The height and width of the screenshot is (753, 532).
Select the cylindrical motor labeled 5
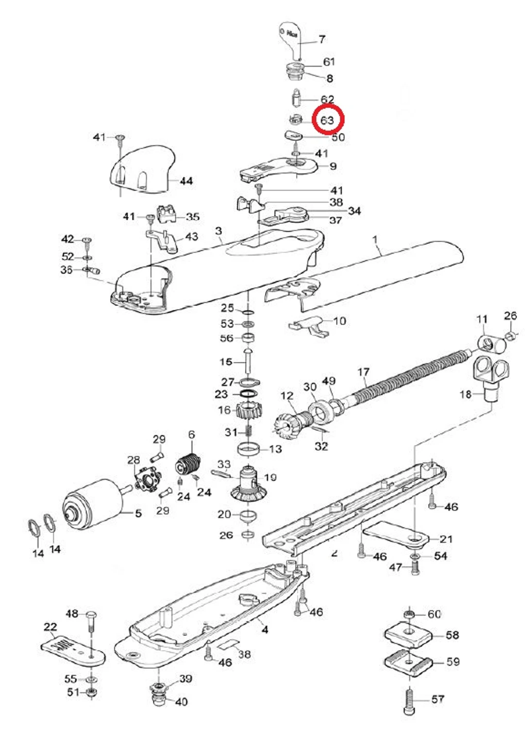point(92,503)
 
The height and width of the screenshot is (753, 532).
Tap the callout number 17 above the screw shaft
point(363,372)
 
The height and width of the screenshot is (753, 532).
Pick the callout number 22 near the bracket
point(50,627)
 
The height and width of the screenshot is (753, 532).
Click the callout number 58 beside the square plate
point(452,635)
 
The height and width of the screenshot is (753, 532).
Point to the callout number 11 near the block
point(482,319)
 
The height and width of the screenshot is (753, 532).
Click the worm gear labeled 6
point(188,465)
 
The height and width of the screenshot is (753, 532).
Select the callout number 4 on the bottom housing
point(265,630)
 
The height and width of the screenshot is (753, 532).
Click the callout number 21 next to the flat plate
point(446,539)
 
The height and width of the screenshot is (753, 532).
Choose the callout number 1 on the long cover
point(375,240)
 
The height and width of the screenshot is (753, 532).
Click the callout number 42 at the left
point(67,239)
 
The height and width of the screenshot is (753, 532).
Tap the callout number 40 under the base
point(181,702)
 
